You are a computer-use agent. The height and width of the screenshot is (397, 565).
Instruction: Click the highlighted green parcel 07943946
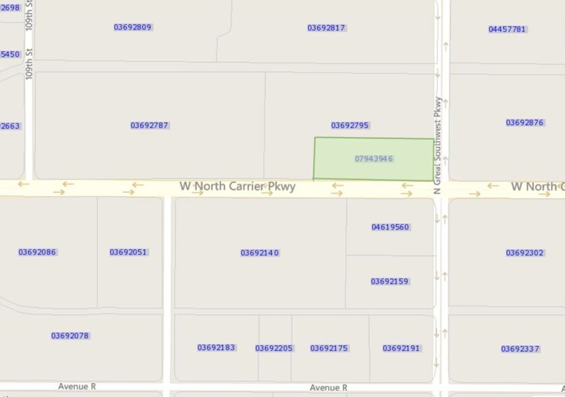pos(373,159)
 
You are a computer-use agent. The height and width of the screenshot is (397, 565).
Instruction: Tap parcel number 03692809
pos(132,28)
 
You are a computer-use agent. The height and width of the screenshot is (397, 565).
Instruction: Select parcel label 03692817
pos(326,28)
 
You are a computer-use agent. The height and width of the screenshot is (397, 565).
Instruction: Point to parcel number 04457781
pos(507,29)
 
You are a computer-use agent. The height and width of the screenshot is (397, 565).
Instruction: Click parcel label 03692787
pos(149,126)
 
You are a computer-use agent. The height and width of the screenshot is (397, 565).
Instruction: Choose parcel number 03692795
pos(350,126)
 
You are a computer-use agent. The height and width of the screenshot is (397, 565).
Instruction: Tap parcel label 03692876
pos(524,123)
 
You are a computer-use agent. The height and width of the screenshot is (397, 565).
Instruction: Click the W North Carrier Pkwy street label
pos(238,186)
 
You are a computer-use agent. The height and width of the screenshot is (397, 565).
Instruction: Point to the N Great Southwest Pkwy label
pos(438,146)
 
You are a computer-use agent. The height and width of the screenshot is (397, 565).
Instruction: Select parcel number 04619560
pos(390,228)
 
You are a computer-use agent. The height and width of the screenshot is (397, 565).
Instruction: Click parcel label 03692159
pos(389,282)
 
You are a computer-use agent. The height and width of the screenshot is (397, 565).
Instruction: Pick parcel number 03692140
pos(259,253)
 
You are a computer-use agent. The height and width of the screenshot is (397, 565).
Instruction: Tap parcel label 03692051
pos(128,253)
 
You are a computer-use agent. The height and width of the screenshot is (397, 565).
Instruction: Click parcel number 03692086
pos(37,253)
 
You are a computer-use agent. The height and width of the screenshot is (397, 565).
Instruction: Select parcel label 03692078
pos(70,336)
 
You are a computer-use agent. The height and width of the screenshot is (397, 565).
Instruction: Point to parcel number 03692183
pos(216,348)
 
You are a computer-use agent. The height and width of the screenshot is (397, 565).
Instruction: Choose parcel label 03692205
pos(273,348)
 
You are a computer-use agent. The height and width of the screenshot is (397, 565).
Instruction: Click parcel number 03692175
pos(329,348)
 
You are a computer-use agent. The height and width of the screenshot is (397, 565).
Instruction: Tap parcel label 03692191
pos(401,348)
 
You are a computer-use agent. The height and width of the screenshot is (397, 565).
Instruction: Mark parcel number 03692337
pos(520,349)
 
